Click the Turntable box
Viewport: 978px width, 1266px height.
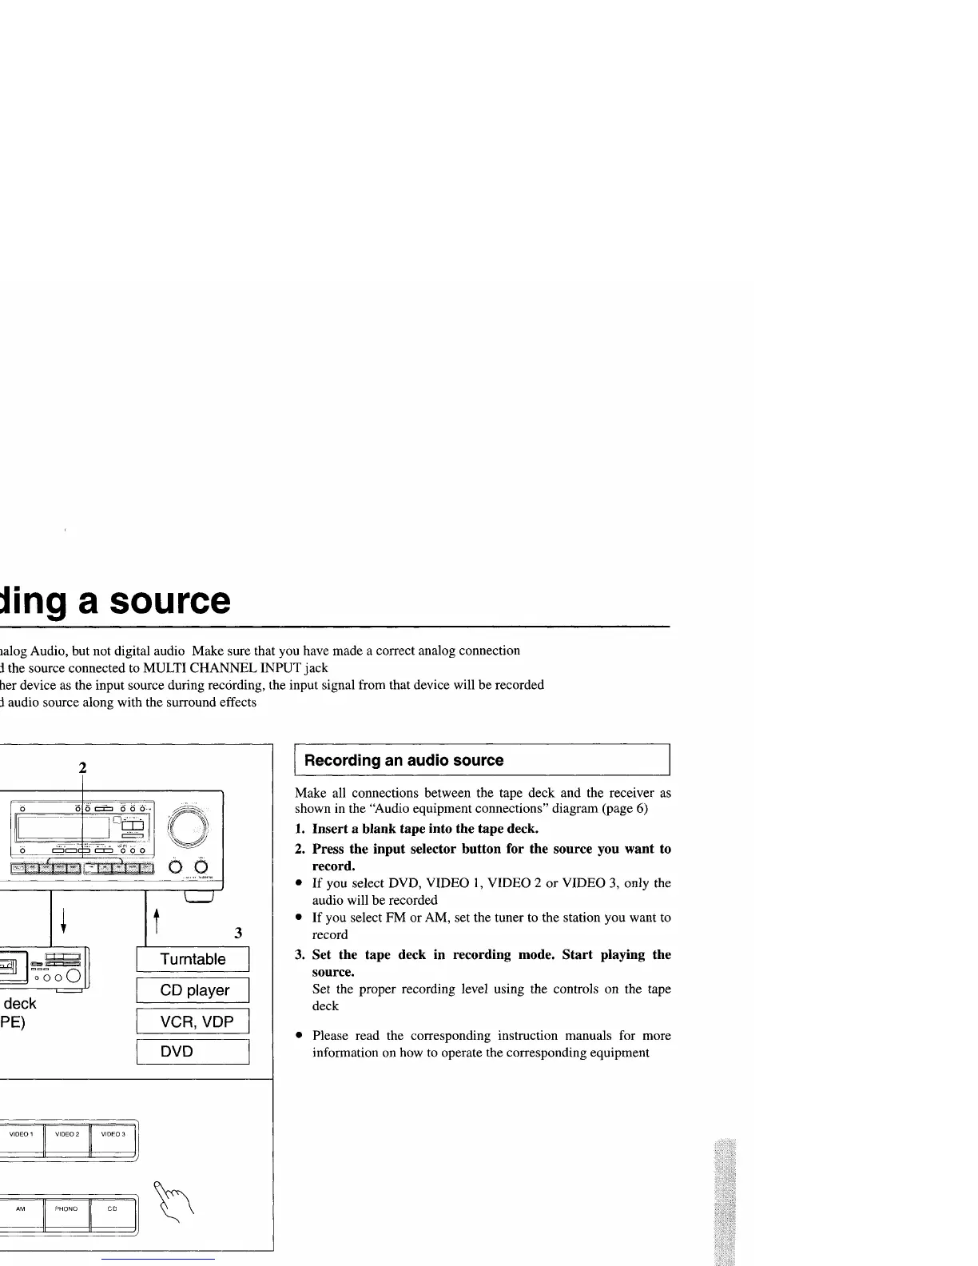tap(193, 959)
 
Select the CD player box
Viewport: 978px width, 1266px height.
tap(193, 990)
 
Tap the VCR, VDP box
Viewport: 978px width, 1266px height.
tap(193, 1021)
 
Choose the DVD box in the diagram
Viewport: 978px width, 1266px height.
tap(193, 1052)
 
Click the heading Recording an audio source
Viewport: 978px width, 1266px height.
tap(404, 760)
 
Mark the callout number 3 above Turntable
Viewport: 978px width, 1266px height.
tap(238, 933)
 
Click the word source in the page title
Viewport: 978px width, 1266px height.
tap(170, 602)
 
